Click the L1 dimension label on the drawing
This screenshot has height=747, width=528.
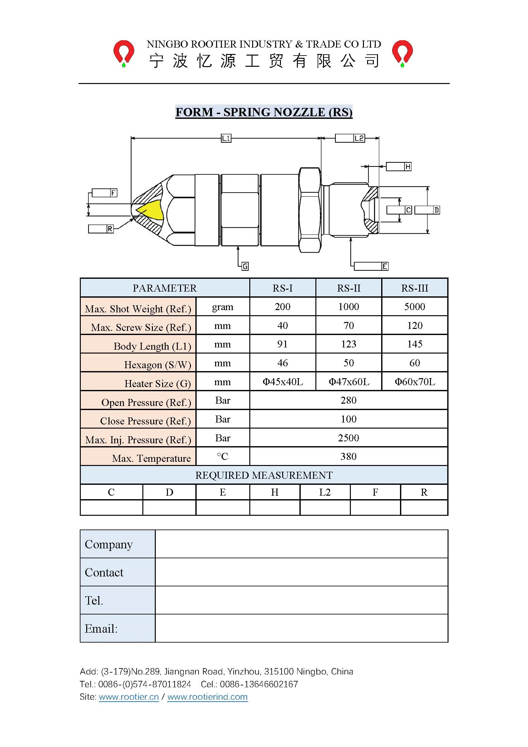226,138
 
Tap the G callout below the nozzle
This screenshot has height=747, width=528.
245,266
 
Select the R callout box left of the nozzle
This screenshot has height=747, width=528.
101,229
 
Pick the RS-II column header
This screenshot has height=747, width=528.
349,288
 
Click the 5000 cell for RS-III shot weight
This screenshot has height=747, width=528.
415,307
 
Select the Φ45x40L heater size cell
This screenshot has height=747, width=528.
283,382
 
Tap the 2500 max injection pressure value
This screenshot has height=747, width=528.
349,438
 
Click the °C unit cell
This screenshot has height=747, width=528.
223,456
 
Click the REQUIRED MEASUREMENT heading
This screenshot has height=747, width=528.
264,475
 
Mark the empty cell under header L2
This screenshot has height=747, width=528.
325,508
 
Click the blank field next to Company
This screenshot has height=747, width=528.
301,544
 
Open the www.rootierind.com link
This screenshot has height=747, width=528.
207,697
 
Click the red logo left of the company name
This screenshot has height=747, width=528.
124,53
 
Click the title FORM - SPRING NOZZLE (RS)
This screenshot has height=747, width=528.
264,112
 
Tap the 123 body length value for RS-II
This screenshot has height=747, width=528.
349,344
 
